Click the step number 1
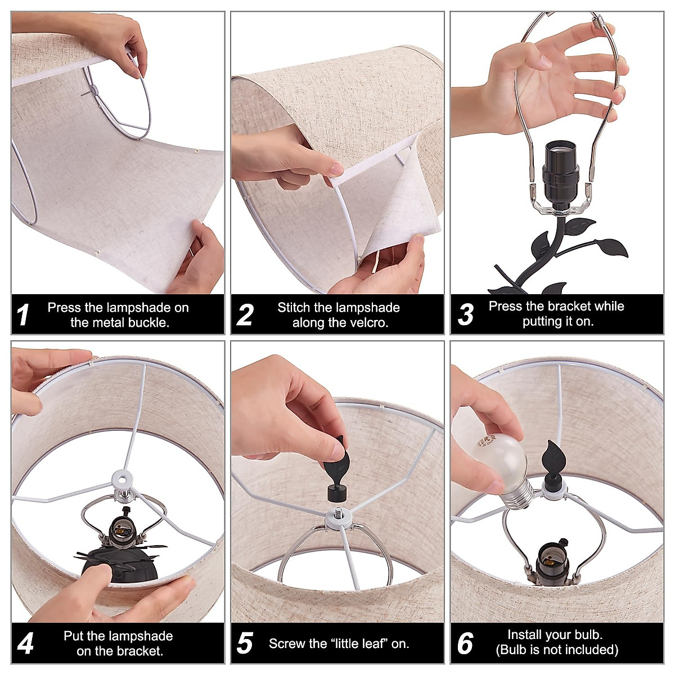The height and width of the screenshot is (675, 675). click(23, 314)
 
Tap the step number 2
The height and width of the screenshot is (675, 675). click(245, 314)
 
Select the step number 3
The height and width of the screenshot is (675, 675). click(466, 314)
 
